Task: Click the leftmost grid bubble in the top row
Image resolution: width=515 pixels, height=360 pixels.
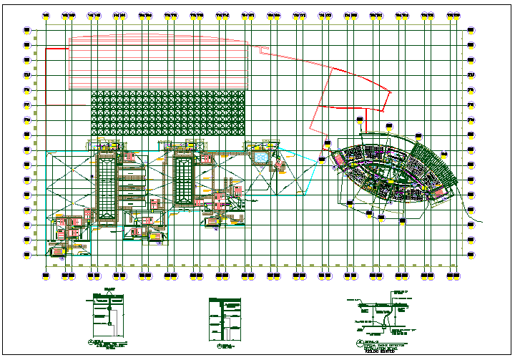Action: [46, 14]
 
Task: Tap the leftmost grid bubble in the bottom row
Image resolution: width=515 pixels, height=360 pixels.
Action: [46, 274]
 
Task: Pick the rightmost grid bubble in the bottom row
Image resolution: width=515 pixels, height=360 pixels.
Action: [453, 274]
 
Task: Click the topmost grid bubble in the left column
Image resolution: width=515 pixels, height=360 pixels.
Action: [27, 30]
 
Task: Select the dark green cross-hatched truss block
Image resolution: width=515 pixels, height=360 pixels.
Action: [167, 112]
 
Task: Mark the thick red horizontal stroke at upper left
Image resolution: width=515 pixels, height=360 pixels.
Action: [57, 49]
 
